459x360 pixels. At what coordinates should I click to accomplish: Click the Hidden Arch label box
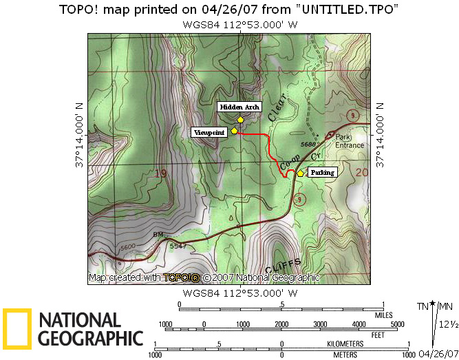[238, 107]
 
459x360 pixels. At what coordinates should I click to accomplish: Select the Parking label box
[321, 172]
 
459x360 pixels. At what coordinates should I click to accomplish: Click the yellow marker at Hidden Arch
[240, 119]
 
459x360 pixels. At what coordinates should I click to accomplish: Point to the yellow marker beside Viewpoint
[235, 129]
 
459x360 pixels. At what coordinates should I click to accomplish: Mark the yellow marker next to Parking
[300, 173]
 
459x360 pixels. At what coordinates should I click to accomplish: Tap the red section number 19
[161, 173]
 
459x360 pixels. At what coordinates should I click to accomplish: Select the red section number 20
[363, 173]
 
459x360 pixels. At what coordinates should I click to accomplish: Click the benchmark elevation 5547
[178, 245]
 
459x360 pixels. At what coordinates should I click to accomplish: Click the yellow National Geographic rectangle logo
[17, 328]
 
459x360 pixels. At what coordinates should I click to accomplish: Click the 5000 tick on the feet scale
[397, 324]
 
